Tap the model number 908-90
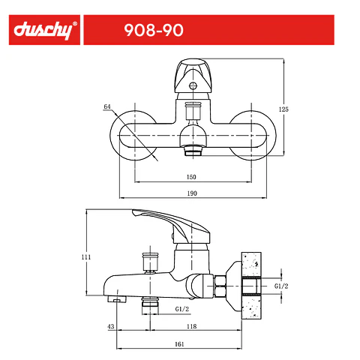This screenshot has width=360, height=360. [x=154, y=30]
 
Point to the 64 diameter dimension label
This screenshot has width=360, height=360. [x=107, y=106]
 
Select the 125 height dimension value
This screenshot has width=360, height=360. [x=283, y=109]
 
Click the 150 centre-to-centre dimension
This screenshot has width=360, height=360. [x=191, y=177]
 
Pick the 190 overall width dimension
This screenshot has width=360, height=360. [x=192, y=193]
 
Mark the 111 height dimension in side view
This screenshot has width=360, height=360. [x=86, y=257]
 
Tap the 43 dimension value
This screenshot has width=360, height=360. [x=111, y=326]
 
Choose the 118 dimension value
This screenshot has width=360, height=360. [x=192, y=326]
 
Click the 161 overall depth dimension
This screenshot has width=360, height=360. [x=179, y=344]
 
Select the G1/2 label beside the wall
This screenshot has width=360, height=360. [x=281, y=286]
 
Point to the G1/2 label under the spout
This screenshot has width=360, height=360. [x=182, y=309]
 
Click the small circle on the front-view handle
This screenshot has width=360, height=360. [x=193, y=85]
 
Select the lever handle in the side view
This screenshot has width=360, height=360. [x=172, y=220]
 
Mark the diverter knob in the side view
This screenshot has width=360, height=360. [x=150, y=261]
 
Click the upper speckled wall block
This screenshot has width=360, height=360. [x=251, y=265]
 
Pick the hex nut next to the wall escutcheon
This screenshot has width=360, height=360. [x=220, y=286]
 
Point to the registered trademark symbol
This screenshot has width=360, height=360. [x=75, y=24]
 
